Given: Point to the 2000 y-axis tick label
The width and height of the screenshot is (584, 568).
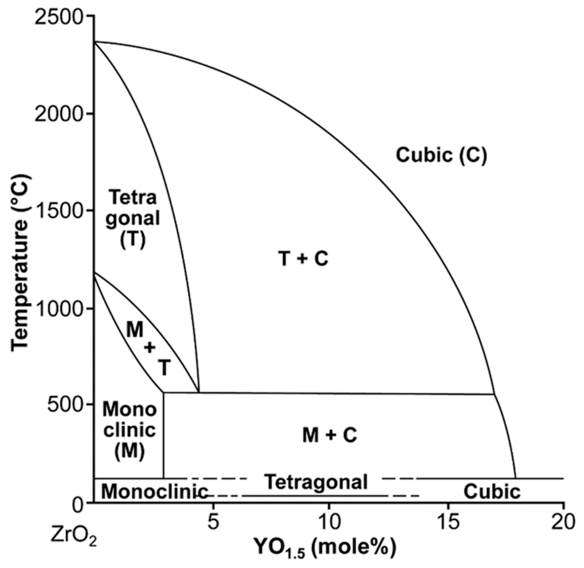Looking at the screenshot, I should pos(58,113).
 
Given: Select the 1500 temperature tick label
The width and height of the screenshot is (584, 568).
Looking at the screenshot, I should pos(58,210).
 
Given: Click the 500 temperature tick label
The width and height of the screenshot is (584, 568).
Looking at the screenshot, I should pos(64,405).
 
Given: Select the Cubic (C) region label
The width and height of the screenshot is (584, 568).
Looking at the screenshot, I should pos(441,155).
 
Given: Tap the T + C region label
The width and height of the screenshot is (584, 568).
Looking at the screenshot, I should pos(303,258).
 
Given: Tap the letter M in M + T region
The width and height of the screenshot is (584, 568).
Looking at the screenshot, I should pos(135,330).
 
